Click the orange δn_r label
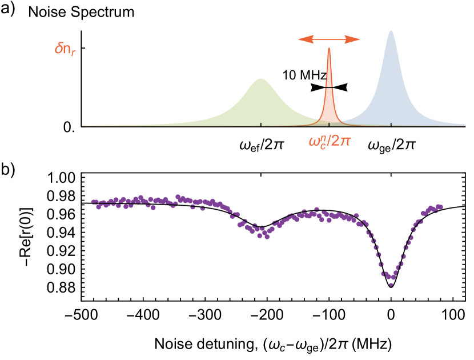click(65, 50)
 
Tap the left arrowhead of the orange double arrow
click(301, 39)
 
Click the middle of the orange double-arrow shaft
click(329, 39)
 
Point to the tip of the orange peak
click(328, 48)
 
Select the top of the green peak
click(261, 79)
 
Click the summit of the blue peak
click(391, 31)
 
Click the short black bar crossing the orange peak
click(328, 86)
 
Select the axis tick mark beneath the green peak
click(261, 125)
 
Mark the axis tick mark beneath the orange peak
click(328, 125)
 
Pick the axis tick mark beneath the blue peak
click(391, 125)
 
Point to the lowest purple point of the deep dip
click(391, 284)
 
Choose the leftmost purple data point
click(93, 201)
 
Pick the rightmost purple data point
click(440, 206)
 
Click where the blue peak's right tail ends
click(465, 125)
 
